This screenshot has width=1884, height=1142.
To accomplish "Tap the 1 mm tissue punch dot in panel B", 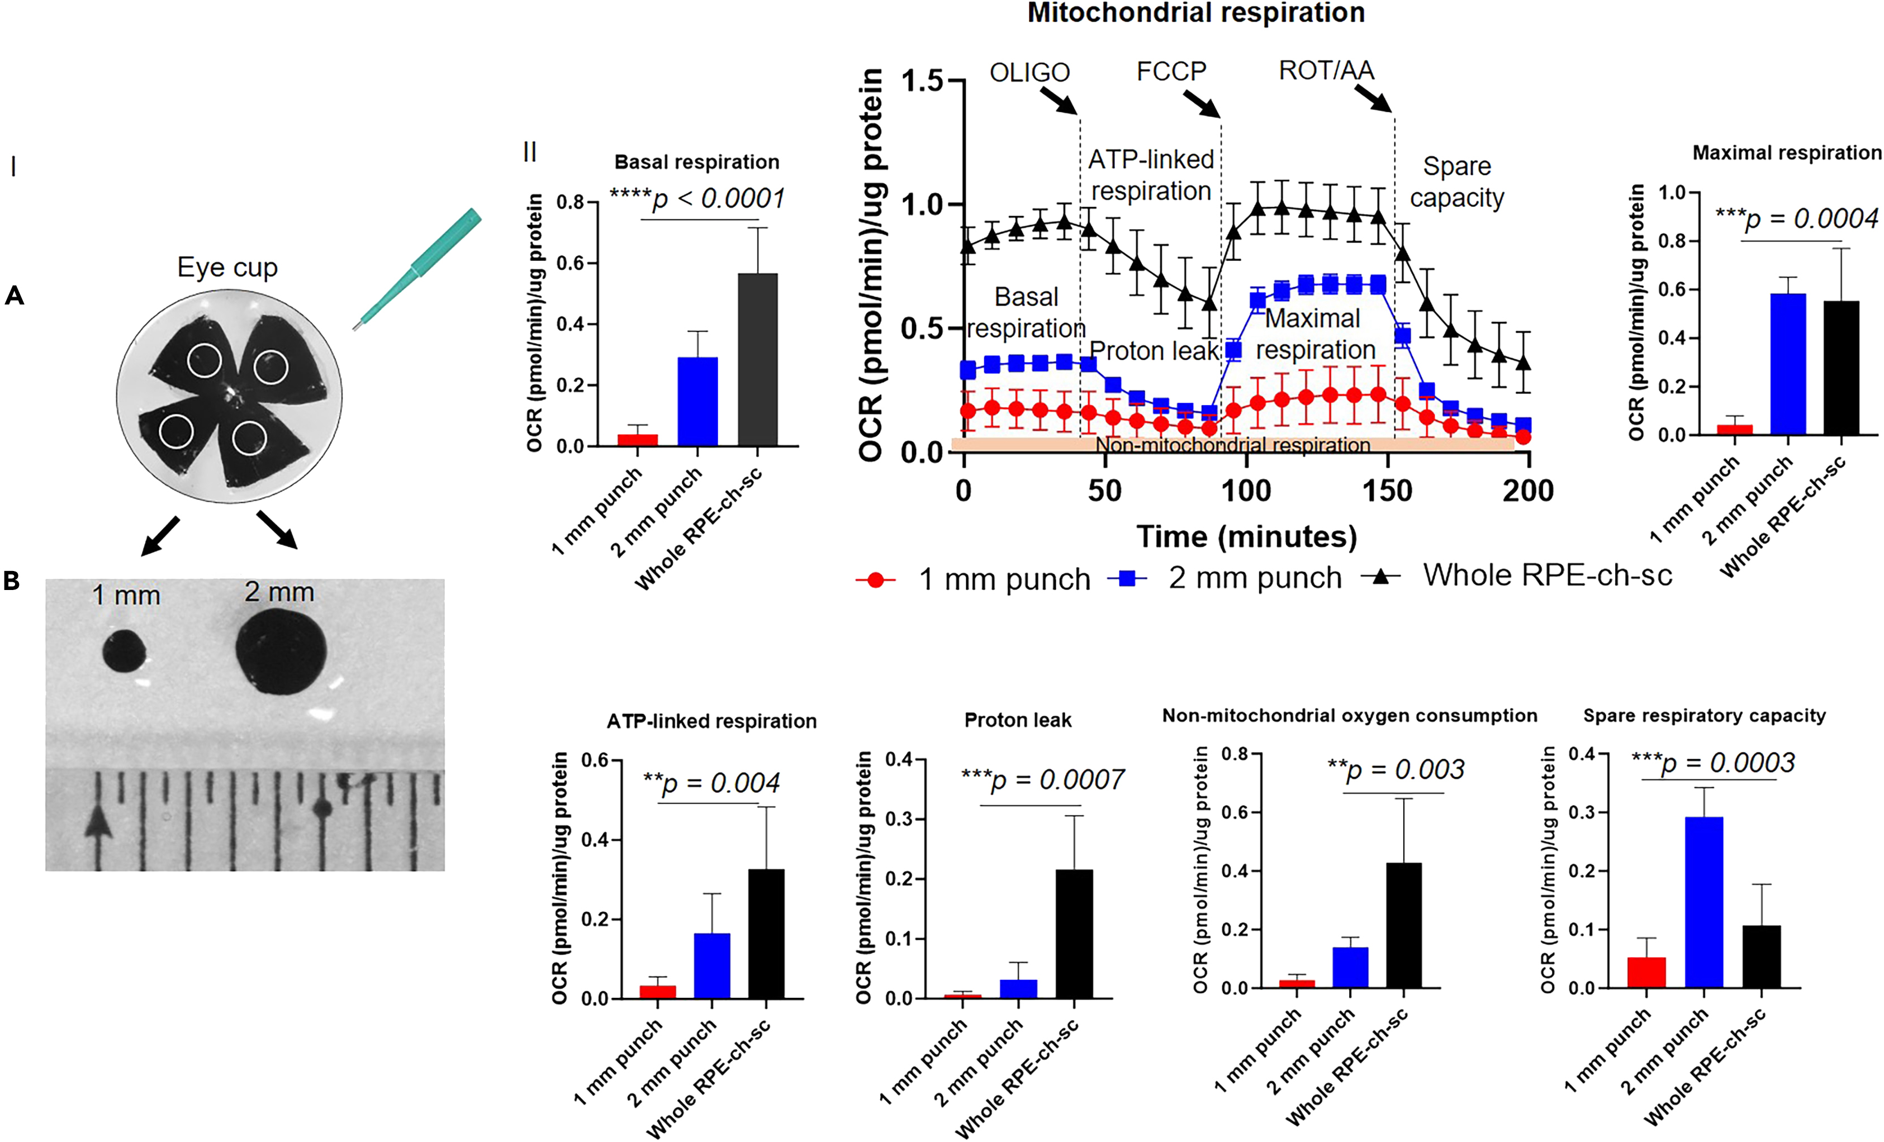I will (124, 651).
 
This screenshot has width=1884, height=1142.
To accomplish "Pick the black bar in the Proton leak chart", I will (1074, 934).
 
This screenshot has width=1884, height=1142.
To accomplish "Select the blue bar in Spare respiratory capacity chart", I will (1703, 902).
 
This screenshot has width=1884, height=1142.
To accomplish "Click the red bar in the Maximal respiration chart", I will (1734, 430).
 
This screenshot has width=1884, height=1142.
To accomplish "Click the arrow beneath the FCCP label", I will (1201, 104).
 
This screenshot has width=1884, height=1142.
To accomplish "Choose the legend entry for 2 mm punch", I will (1254, 579).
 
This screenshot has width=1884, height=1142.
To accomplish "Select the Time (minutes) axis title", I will (1246, 536).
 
